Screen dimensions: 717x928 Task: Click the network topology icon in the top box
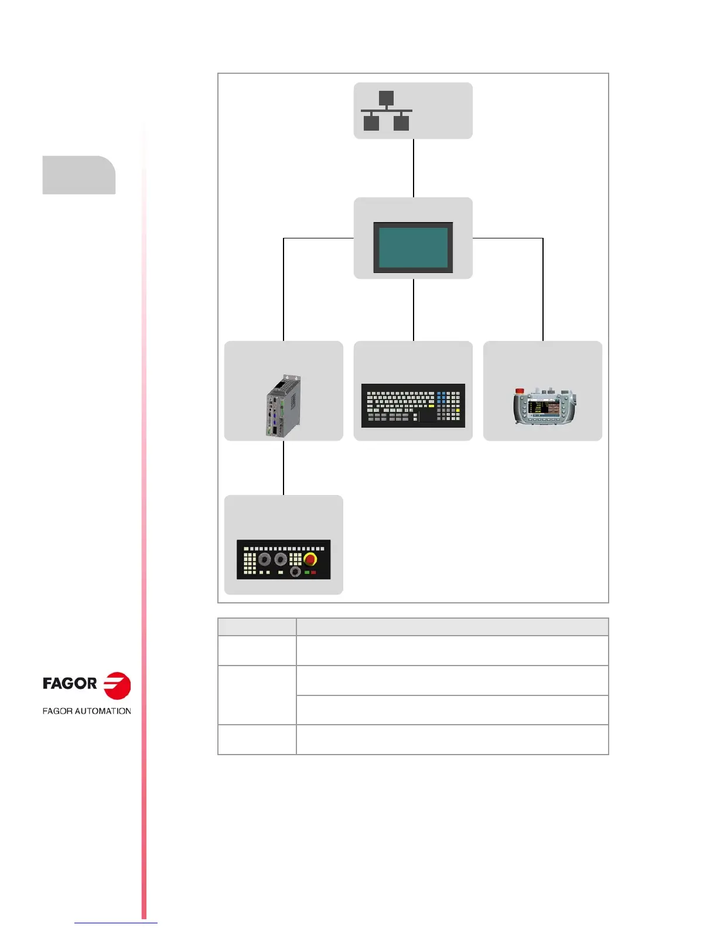pos(386,111)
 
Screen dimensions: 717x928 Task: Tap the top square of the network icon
pos(386,98)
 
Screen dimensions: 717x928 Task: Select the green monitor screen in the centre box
pos(413,247)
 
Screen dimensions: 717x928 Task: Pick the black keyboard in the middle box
pos(413,405)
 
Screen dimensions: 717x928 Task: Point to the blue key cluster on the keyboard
pos(442,397)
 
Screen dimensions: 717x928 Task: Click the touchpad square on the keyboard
pos(427,415)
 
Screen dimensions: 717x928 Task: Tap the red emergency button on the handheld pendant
pos(519,391)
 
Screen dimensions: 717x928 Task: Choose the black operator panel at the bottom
pos(284,559)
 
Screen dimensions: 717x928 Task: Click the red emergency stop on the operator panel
pos(310,558)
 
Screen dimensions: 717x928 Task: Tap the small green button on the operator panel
pos(306,572)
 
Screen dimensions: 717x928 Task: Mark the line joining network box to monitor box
pos(414,168)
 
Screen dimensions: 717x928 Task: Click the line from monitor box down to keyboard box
pos(414,309)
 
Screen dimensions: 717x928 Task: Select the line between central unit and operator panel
pos(284,468)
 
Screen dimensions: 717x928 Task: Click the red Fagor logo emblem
pos(117,685)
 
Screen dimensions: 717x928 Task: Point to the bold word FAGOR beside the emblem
pos(70,684)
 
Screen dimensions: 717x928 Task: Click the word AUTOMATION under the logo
pos(103,711)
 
